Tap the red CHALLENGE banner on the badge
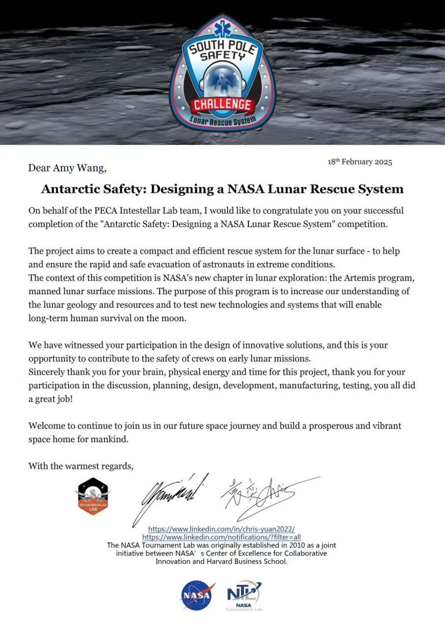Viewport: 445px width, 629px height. click(x=221, y=104)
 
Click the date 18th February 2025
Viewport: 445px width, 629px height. click(x=360, y=162)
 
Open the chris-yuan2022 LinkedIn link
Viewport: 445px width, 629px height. click(x=221, y=528)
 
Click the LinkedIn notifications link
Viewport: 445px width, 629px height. click(x=221, y=536)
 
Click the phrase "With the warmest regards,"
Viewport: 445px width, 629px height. click(x=81, y=466)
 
